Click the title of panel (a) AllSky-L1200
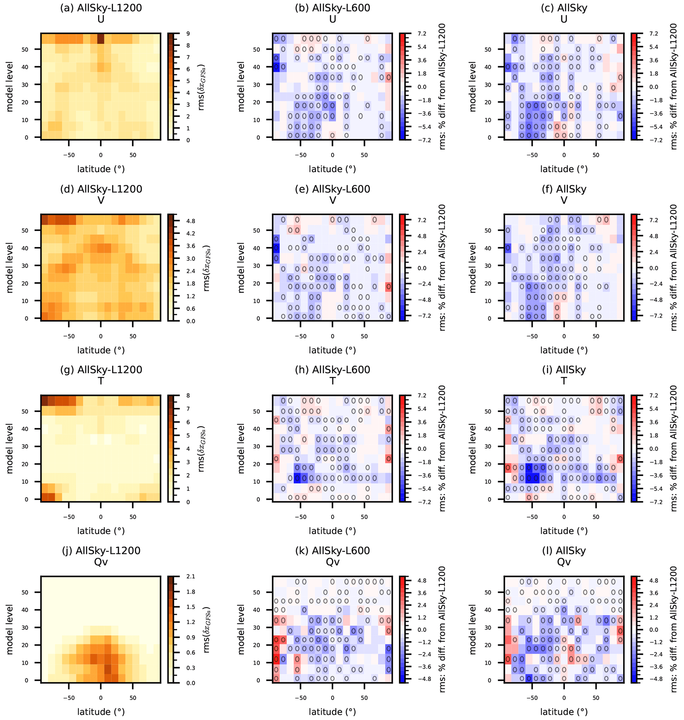[x=101, y=8]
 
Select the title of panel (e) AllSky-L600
[x=332, y=189]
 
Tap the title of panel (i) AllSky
[x=564, y=369]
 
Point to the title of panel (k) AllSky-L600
[x=332, y=551]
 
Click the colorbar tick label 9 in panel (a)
[x=188, y=33]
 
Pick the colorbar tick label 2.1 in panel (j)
[x=191, y=576]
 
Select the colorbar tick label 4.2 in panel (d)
[x=191, y=233]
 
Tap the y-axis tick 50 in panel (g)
[x=25, y=411]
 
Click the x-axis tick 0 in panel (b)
[x=332, y=155]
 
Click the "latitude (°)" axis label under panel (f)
[x=564, y=350]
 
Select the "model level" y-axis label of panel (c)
[x=473, y=86]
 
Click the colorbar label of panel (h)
[x=442, y=448]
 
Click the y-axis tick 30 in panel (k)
[x=256, y=628]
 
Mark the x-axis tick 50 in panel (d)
[x=133, y=336]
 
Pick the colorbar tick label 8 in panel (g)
[x=188, y=395]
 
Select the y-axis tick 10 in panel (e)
[x=256, y=301]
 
